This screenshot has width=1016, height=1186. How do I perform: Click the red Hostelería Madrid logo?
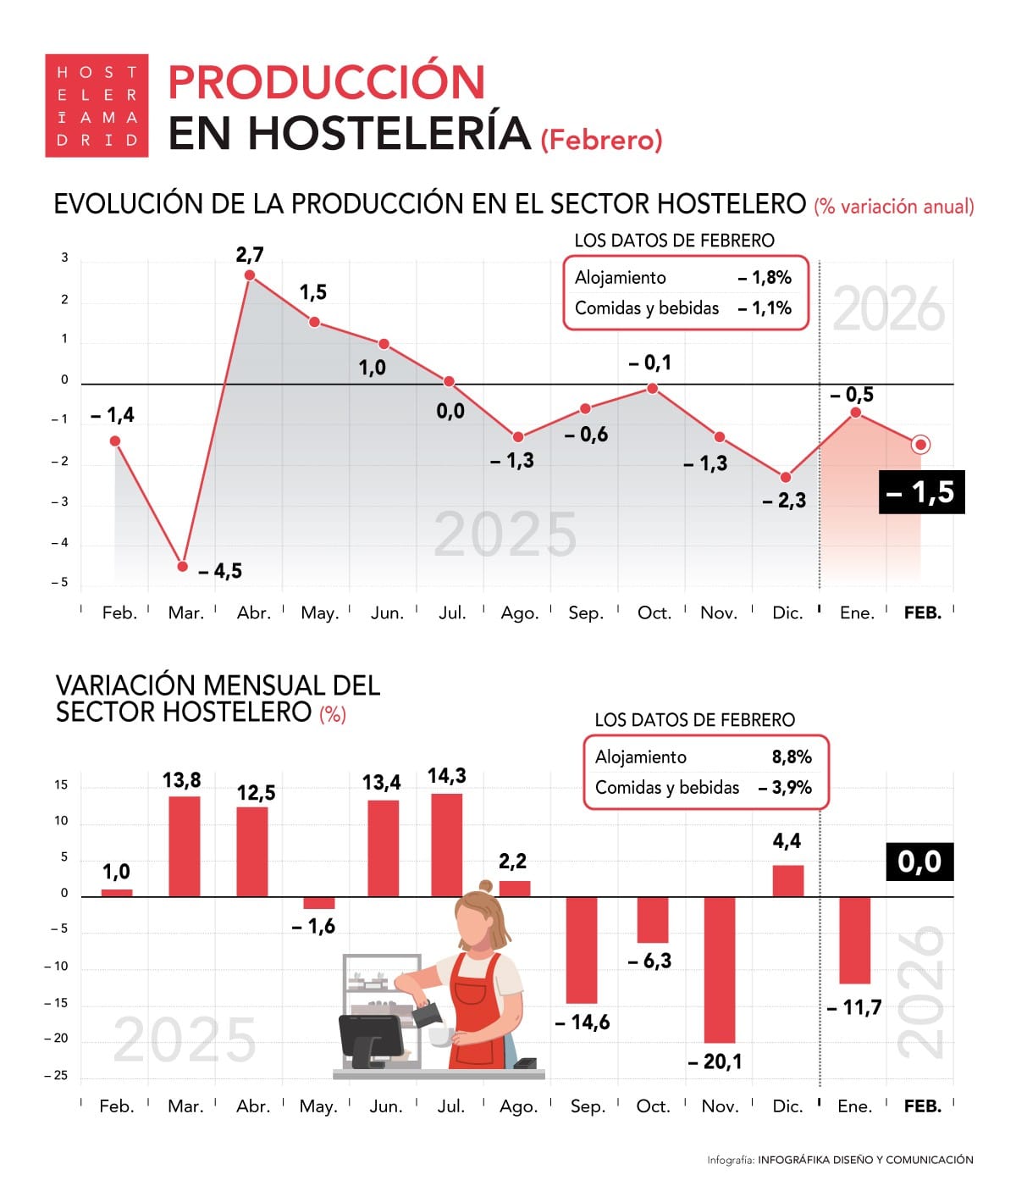[x=97, y=106]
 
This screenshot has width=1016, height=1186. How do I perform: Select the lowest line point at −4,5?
[x=183, y=566]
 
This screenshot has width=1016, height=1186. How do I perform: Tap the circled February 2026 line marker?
[x=920, y=444]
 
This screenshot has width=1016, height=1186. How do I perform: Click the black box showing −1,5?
[x=921, y=492]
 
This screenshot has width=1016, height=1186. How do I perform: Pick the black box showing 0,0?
[x=919, y=862]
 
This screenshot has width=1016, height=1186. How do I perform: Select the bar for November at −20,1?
[x=720, y=969]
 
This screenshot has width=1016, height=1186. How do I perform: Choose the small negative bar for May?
[x=319, y=903]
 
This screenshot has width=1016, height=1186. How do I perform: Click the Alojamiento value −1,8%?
[x=764, y=278]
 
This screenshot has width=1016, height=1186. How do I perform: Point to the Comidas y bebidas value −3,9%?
[x=785, y=788]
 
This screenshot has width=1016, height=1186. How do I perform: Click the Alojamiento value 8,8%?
[x=791, y=757]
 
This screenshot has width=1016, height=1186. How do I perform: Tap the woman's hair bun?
[x=484, y=886]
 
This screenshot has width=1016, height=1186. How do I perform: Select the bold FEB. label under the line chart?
[x=922, y=612]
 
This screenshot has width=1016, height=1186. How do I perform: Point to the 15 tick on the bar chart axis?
[x=61, y=784]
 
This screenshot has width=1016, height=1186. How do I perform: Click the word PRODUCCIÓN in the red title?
[x=326, y=82]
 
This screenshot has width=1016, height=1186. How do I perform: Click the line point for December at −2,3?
[x=786, y=478]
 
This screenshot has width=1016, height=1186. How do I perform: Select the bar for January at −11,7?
[x=854, y=940]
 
